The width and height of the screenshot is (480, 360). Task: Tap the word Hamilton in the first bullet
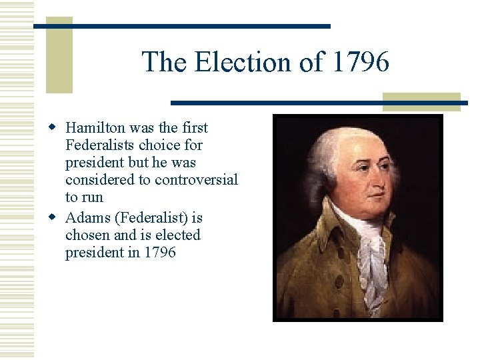coord(97,127)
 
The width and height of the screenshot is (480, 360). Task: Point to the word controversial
coord(196,180)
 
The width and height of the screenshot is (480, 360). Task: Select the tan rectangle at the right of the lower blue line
coord(421,101)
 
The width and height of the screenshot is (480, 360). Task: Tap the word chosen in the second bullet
coord(87,235)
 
